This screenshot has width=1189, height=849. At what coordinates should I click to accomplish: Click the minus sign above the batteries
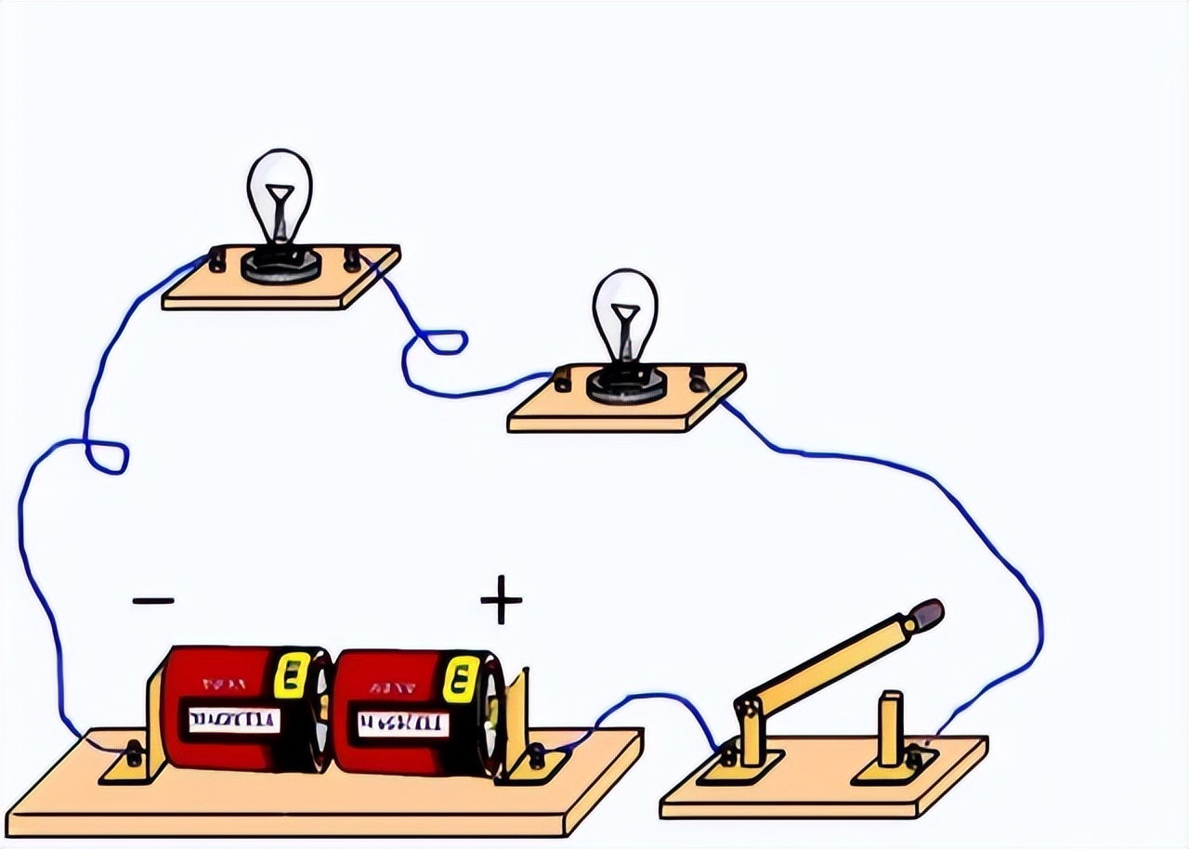153,601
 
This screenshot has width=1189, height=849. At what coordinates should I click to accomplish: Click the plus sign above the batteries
501,599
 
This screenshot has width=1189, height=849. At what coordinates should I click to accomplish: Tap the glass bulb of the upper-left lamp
279,190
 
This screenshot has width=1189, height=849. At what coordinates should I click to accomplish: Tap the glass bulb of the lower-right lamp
624,311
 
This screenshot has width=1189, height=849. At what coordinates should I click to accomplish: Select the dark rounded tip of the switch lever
926,613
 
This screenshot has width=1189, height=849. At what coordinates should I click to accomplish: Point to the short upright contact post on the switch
891,728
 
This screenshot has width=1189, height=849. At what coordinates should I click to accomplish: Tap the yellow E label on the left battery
294,675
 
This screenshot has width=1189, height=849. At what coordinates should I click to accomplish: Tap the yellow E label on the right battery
461,679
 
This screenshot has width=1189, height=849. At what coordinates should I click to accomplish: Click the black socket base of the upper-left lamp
281,265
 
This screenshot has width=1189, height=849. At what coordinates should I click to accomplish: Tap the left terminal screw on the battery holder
134,753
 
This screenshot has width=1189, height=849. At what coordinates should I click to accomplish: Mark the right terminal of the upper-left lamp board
352,258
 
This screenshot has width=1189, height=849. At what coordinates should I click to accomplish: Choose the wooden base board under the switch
817,790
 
